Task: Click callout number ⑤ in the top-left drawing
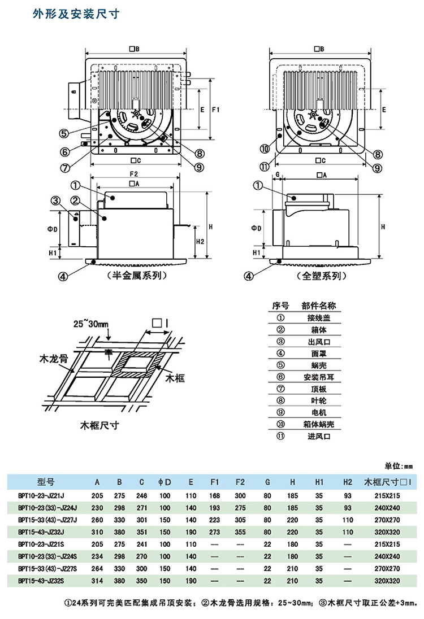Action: pos(64,133)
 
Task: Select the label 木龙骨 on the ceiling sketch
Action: pos(54,359)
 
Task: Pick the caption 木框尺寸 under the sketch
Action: pos(101,425)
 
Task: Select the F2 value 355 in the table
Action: pos(240,532)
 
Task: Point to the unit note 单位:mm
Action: pos(399,467)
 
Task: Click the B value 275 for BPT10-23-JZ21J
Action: pos(119,495)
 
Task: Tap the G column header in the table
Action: pos(267,482)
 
